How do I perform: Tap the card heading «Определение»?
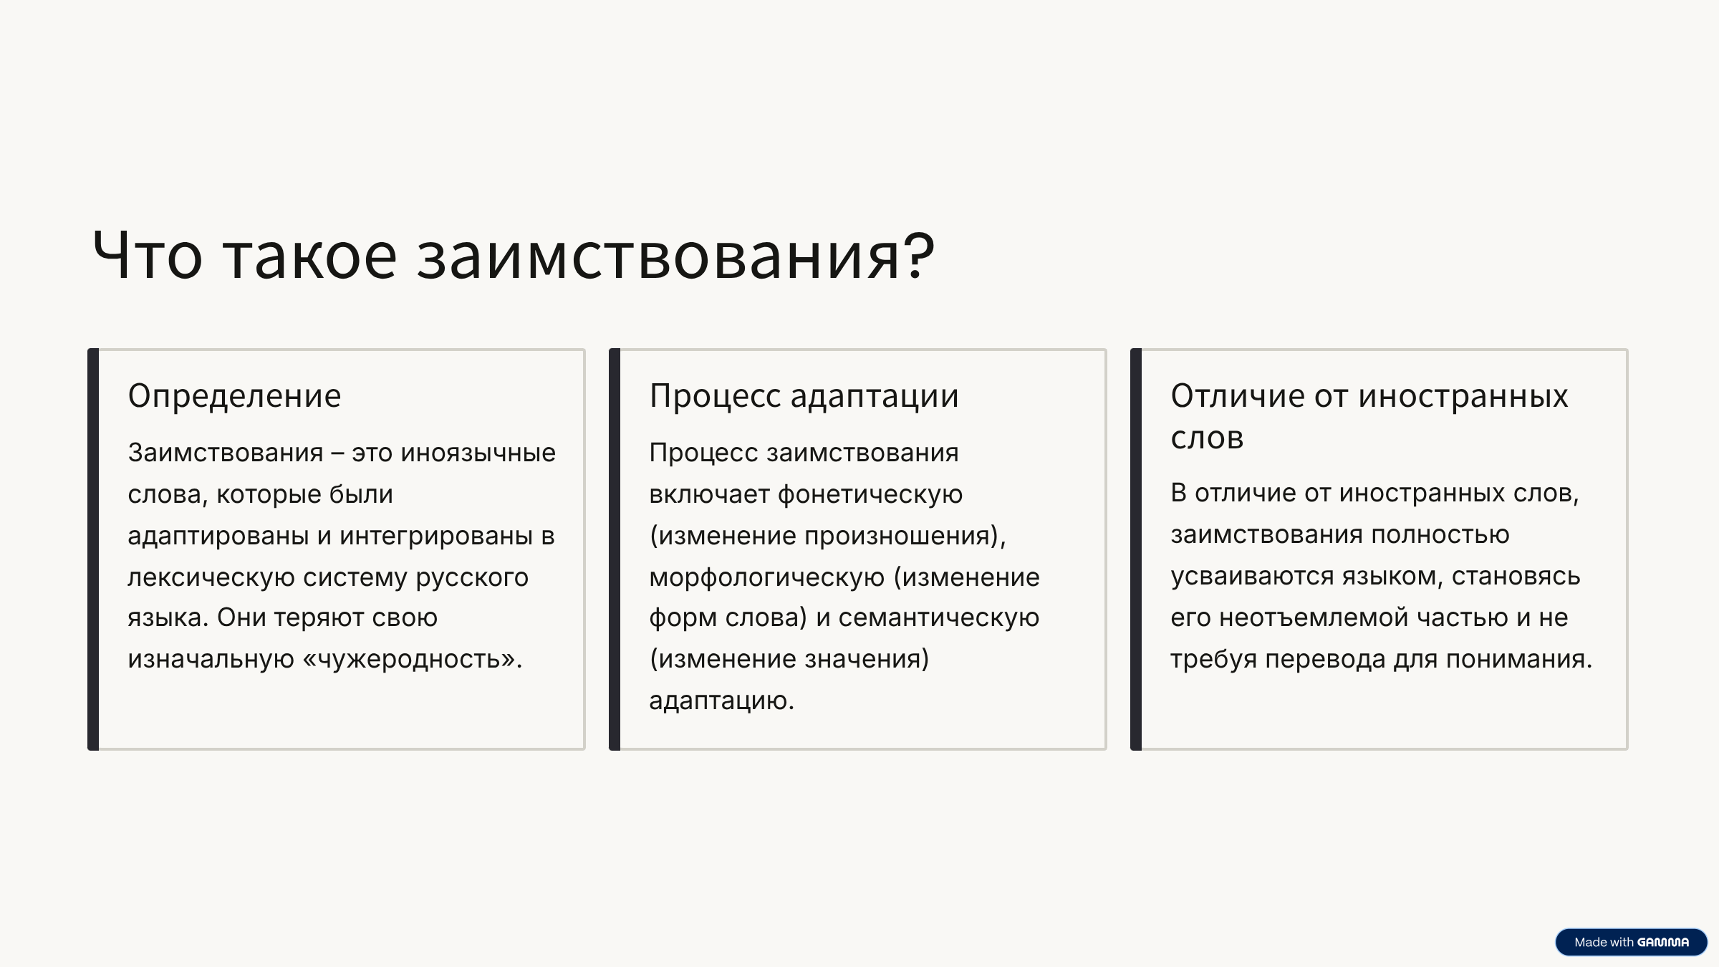tap(234, 396)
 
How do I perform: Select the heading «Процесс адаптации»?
tap(804, 396)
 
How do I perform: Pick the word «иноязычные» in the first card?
tap(478, 453)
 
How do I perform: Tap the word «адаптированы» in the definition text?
tap(218, 537)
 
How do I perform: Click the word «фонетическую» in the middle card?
tap(870, 495)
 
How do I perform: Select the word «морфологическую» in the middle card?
tap(766, 577)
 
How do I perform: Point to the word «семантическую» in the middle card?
tap(938, 618)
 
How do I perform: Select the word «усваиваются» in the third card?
tap(1253, 577)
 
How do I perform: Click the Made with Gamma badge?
tap(1631, 942)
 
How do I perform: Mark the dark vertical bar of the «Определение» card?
tap(93, 549)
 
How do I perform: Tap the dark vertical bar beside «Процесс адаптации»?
tap(615, 549)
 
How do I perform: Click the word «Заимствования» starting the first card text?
tap(226, 453)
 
